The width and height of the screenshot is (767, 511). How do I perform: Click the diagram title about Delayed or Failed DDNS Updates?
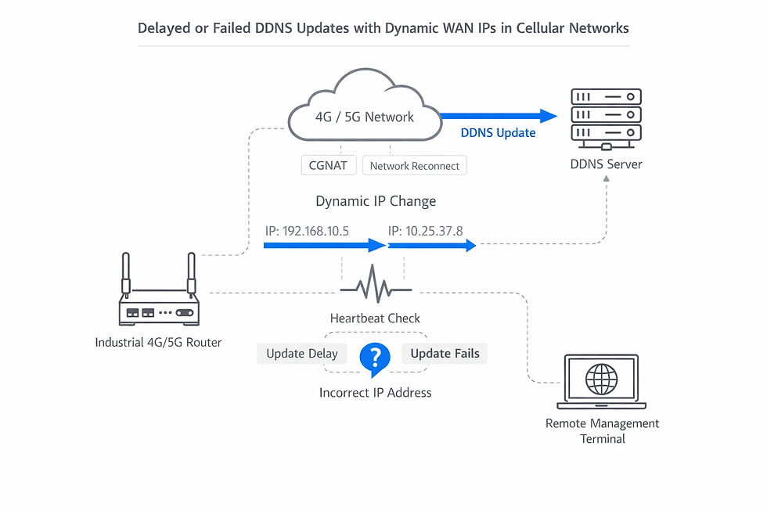pos(383,28)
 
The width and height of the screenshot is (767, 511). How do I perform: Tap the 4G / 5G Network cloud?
pos(364,110)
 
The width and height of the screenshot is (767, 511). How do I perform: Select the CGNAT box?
pos(329,165)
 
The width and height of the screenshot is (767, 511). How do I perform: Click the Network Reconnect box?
pos(415,166)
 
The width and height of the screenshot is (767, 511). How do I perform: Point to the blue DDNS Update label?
pos(498,133)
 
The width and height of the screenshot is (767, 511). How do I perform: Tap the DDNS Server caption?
pos(607,164)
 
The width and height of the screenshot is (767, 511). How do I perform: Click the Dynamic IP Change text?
pos(376,201)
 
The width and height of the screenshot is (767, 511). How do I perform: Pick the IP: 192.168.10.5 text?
pos(307,232)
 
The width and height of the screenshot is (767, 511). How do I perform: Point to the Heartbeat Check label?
pos(375,318)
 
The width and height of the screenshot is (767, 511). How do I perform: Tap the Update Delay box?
pos(301,353)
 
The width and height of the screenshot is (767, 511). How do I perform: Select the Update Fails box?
pos(445,353)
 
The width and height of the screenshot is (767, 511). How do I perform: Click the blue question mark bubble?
pos(374,358)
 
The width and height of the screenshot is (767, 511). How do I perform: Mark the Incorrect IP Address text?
pos(375,392)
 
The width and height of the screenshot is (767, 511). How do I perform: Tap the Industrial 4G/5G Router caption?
pos(158,342)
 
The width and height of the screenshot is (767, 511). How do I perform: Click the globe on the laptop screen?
pos(601,379)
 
